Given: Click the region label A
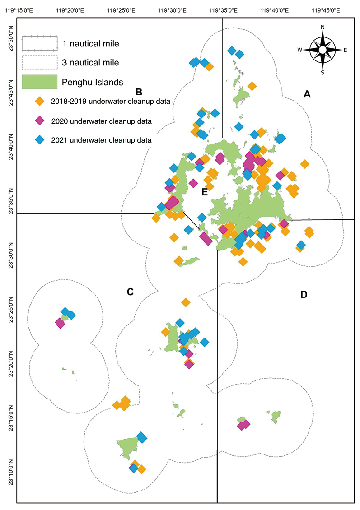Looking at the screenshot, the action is [307, 94].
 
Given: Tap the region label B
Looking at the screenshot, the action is [139, 92].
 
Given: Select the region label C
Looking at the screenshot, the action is [130, 292].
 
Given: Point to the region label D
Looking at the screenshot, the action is [304, 294].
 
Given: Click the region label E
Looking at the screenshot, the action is [205, 192].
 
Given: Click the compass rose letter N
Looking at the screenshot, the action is [323, 28].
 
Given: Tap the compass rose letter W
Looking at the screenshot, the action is [300, 50].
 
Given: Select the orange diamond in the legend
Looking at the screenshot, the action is [40, 101].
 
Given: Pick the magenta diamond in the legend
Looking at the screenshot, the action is [40, 121].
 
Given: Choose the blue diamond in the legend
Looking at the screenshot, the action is [40, 140].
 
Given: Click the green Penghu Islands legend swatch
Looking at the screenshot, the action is [40, 82].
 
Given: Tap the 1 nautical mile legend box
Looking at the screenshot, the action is [40, 44].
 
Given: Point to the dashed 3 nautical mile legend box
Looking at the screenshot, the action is [40, 62].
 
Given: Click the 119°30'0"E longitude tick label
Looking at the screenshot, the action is [172, 10].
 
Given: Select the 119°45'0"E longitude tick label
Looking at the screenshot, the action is [326, 10].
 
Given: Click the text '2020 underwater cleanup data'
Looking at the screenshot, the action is [102, 121].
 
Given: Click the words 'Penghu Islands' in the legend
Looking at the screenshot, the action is [93, 82].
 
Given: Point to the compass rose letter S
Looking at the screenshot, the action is [323, 73].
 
